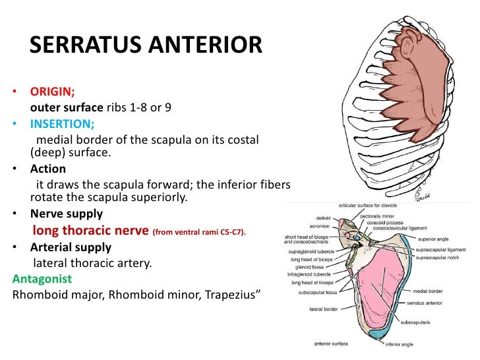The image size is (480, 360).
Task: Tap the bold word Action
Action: coord(47,168)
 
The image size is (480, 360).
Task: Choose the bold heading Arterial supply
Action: coord(71,247)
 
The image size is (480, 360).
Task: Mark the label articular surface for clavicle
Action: coord(371,206)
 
